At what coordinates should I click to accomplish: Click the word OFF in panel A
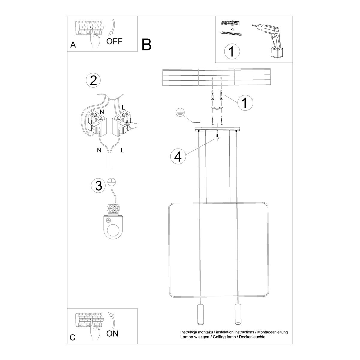point(114,41)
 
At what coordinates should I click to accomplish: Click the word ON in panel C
point(112,333)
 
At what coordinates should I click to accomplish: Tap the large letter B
point(147,44)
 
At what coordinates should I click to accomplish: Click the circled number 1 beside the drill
point(232,52)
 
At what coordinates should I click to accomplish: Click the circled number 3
point(98,186)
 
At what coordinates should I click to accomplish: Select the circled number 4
point(178,156)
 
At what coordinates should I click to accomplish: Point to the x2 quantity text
point(232,29)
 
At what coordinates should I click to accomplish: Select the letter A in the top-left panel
point(73,45)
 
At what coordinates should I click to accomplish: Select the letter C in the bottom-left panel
point(72,337)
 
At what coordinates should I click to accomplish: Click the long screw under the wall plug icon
point(231,34)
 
